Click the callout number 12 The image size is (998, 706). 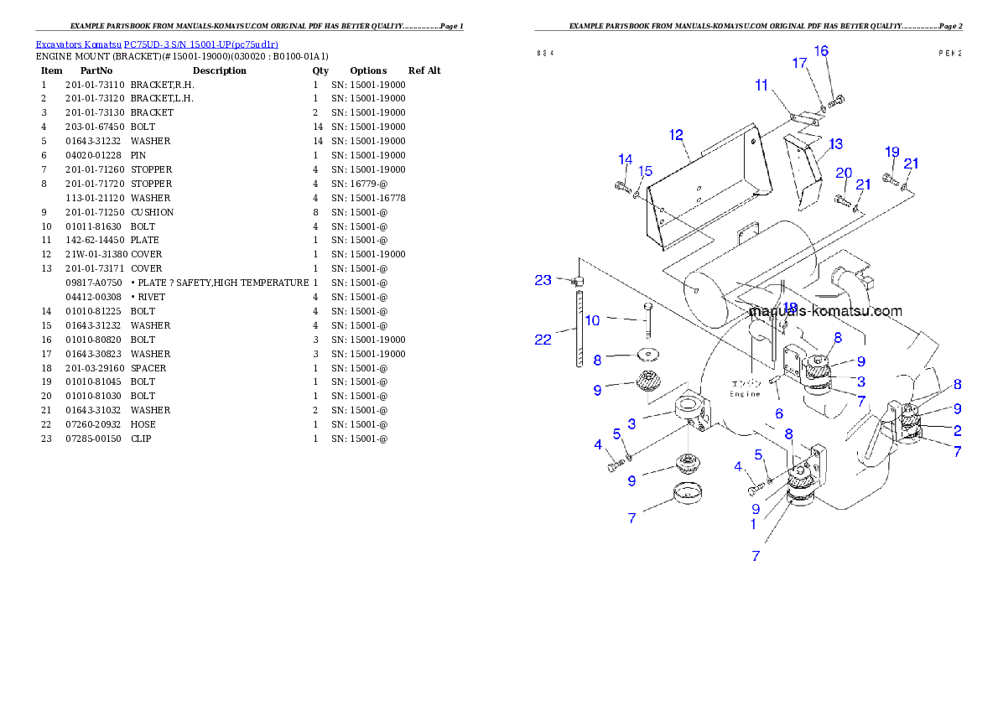click(676, 135)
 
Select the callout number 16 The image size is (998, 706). click(821, 51)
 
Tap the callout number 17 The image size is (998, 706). click(799, 63)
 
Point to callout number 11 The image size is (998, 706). click(761, 85)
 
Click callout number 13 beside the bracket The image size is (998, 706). click(835, 144)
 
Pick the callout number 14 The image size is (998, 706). click(626, 159)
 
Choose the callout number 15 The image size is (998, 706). click(645, 171)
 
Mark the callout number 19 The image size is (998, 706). click(892, 152)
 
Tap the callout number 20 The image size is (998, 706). click(844, 173)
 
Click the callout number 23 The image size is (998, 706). click(543, 280)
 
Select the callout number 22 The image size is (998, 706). click(543, 339)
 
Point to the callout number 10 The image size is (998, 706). click(592, 320)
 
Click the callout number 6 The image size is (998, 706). click(779, 413)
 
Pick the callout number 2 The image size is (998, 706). click(957, 431)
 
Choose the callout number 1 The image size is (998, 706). click(753, 525)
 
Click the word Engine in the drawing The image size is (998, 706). click(744, 393)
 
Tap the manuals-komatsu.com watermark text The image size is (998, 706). click(824, 311)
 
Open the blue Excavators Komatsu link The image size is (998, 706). click(157, 44)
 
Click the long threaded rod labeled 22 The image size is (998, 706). click(578, 327)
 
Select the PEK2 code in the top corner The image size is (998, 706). click(949, 52)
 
